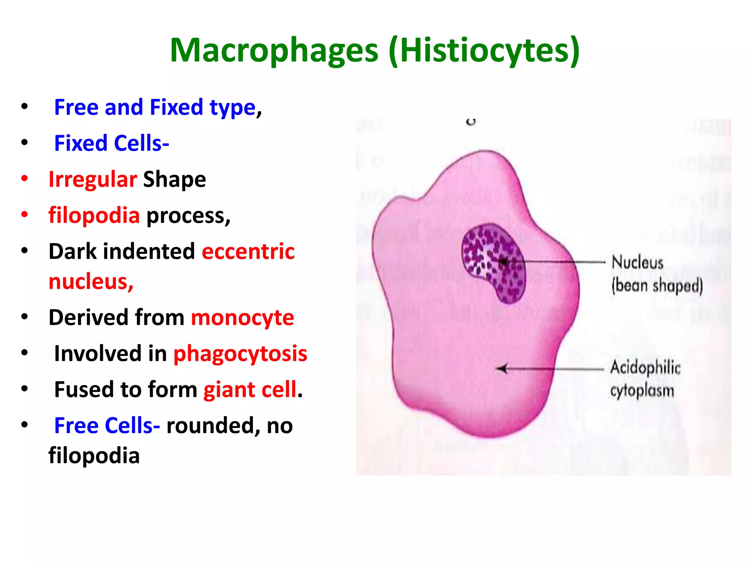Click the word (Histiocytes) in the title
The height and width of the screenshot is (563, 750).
tap(484, 50)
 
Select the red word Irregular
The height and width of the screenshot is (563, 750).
tap(93, 179)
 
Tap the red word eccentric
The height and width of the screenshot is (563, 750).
tap(248, 251)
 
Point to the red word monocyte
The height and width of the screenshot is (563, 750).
tap(242, 317)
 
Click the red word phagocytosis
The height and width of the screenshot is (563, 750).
tap(240, 354)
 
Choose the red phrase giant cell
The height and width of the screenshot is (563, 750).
tap(250, 389)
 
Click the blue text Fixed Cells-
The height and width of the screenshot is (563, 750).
tap(111, 143)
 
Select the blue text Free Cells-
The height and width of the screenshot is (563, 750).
tap(107, 426)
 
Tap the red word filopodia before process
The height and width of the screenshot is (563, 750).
tap(94, 215)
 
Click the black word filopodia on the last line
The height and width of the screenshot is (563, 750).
tap(94, 456)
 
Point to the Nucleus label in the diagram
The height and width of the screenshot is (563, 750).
tap(637, 262)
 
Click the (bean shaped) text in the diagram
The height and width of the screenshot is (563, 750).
tap(657, 286)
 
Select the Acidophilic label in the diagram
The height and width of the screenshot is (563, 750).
tap(645, 367)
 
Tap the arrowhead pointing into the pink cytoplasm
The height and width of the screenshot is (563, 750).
tap(501, 369)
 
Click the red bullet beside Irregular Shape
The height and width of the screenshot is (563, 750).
tap(25, 179)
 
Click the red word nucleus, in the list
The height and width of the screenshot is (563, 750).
tap(91, 281)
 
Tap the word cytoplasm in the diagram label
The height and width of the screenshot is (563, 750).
tap(642, 391)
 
